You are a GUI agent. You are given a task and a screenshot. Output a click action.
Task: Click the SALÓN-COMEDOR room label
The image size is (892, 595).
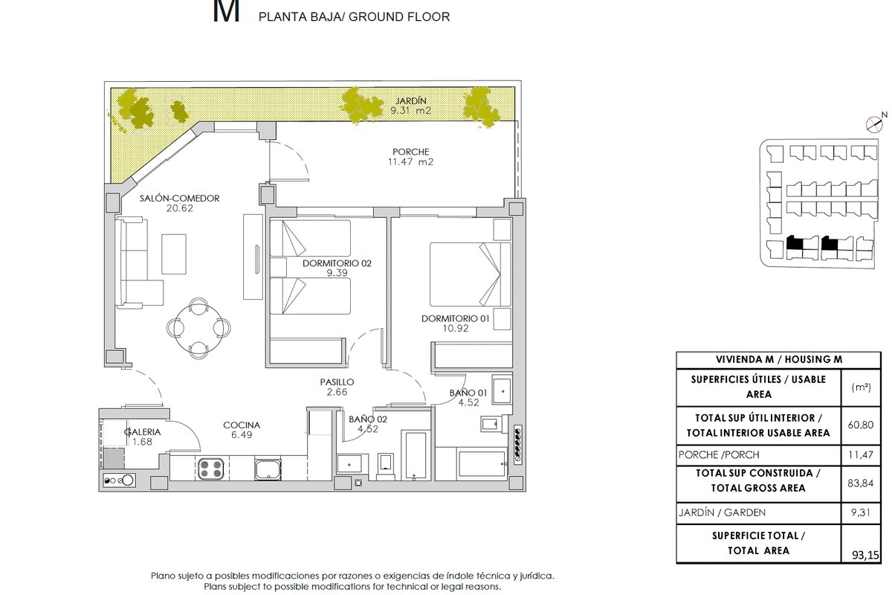[x=179, y=198]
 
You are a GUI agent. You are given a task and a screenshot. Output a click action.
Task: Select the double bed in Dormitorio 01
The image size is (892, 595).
[x=470, y=274]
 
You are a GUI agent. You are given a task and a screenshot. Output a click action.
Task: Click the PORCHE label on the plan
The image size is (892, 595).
[x=410, y=152]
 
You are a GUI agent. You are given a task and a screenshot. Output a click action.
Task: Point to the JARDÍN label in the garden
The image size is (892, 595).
[x=410, y=101]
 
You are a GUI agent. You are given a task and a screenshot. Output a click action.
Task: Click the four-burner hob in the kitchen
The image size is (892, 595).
[x=211, y=469]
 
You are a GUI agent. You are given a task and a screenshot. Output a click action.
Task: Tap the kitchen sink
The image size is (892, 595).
[x=268, y=469]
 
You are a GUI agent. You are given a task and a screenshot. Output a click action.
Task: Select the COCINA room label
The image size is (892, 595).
[x=242, y=425]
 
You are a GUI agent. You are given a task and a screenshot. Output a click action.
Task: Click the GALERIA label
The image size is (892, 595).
[x=142, y=432]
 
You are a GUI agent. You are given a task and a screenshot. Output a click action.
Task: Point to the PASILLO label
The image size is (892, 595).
[x=337, y=382]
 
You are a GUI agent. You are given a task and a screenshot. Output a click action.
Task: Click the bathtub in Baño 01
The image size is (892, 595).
[x=482, y=463]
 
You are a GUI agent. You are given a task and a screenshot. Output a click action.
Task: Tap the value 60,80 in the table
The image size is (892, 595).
[x=860, y=425]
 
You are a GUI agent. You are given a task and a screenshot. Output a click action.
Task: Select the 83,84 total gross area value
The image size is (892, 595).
[x=860, y=483]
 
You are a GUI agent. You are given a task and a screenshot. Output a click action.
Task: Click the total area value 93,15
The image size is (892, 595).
[x=865, y=555]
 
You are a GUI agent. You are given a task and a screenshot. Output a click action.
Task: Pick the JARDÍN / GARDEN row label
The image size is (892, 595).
[x=722, y=512]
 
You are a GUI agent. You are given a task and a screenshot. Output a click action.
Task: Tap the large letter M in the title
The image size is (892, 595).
[x=226, y=11]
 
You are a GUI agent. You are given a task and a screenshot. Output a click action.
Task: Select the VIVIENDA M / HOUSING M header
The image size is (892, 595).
[x=779, y=359]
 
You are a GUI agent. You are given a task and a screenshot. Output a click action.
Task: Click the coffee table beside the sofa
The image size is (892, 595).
[x=174, y=254]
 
